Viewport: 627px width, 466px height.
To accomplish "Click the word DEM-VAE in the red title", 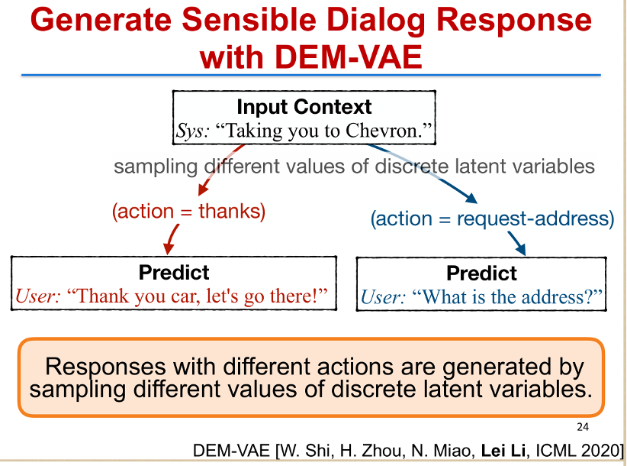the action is coord(348,57).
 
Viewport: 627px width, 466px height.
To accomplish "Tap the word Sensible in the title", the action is coord(249,20).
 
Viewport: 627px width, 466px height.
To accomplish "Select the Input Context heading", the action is coord(304,107).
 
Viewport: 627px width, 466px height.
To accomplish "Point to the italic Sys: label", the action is coord(192,131).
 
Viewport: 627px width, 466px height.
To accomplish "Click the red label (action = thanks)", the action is coord(188,211).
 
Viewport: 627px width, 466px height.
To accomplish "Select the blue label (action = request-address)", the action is coord(492,219).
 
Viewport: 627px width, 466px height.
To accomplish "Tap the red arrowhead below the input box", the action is coord(203,189).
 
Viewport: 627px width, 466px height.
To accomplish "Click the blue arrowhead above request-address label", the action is coord(471,198).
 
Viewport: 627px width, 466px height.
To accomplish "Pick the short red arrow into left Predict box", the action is coord(172,239).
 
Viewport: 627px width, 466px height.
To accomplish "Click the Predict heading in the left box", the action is coord(174,273).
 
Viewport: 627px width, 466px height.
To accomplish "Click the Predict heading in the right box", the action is coord(481,273).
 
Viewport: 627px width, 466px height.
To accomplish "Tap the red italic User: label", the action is coord(38,296).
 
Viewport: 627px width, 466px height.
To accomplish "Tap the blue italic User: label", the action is coord(383,297).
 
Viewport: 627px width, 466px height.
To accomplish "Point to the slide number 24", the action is coord(583,427).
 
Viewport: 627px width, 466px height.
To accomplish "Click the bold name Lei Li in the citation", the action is coord(503,451).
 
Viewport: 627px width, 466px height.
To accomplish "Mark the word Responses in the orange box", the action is coord(105,367).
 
